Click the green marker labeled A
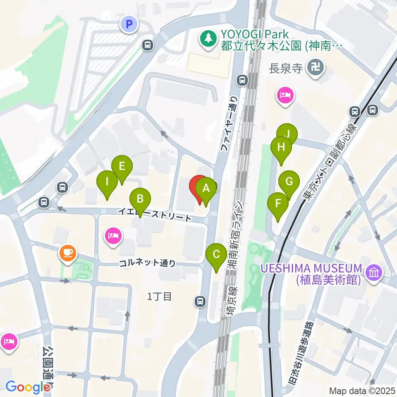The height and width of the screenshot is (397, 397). (x=206, y=189)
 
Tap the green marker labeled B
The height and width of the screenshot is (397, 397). (x=140, y=199)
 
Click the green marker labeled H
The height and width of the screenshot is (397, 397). (x=281, y=147)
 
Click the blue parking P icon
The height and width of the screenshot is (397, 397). (x=129, y=24)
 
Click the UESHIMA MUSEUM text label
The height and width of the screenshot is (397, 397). (x=311, y=268)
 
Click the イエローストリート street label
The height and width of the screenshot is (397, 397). (x=155, y=214)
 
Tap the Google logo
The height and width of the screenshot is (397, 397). (x=27, y=387)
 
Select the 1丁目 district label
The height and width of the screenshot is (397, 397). (x=159, y=296)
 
